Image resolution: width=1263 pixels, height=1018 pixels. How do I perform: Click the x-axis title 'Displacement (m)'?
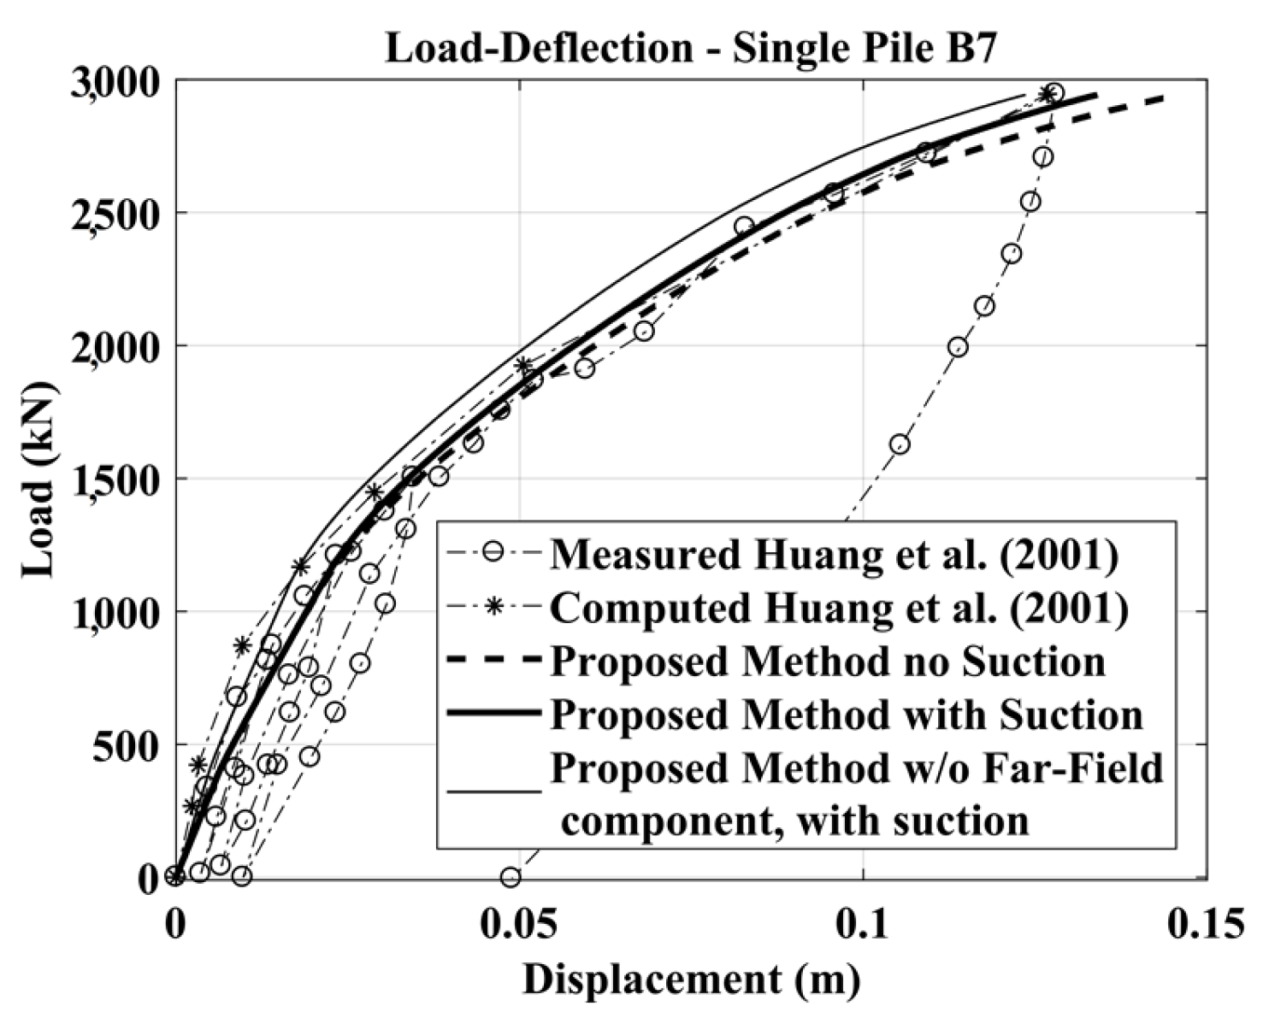[x=691, y=980]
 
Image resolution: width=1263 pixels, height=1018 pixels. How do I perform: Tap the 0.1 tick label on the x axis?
[x=864, y=924]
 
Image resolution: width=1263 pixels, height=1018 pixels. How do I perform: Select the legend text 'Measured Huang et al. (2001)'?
[x=834, y=555]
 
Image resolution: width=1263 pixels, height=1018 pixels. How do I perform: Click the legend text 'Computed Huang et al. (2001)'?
[x=839, y=608]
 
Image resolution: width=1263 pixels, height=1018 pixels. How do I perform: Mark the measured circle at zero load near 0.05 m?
[x=511, y=877]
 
